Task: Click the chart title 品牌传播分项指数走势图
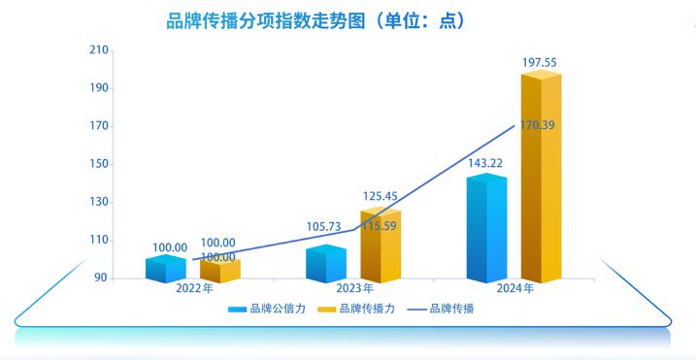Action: click(302, 19)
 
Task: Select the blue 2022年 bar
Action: click(165, 270)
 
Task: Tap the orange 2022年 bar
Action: click(218, 271)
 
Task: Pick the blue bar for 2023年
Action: click(325, 265)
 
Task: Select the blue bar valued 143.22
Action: click(485, 230)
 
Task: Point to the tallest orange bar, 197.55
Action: click(541, 180)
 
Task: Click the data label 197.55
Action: click(540, 63)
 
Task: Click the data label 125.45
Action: click(381, 197)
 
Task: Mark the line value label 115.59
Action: click(379, 226)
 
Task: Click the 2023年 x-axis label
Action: click(354, 289)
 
